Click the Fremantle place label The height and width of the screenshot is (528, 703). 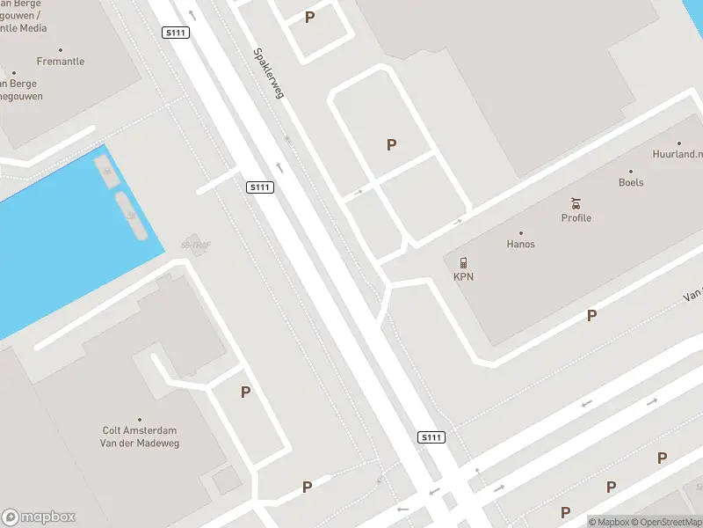tap(61, 62)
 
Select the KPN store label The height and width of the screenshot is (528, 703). tap(463, 277)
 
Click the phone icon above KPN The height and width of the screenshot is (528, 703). tap(463, 262)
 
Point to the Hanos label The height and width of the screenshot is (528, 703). tap(520, 244)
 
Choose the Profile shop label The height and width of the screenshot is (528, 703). tap(576, 217)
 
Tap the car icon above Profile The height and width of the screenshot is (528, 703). tap(576, 202)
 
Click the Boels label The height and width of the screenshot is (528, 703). tap(631, 182)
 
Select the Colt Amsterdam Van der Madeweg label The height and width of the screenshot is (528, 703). tap(141, 437)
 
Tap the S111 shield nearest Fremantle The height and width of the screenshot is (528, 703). tap(176, 33)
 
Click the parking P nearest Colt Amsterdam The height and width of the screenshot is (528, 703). tap(246, 392)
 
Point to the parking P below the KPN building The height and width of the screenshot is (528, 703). tap(592, 315)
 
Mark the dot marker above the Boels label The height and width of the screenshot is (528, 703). tap(631, 172)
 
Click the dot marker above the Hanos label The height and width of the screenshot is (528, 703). tap(520, 233)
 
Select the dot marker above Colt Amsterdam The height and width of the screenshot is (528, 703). tap(140, 421)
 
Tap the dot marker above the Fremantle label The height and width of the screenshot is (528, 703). tap(61, 50)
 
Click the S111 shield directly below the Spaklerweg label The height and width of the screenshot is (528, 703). tap(260, 187)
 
